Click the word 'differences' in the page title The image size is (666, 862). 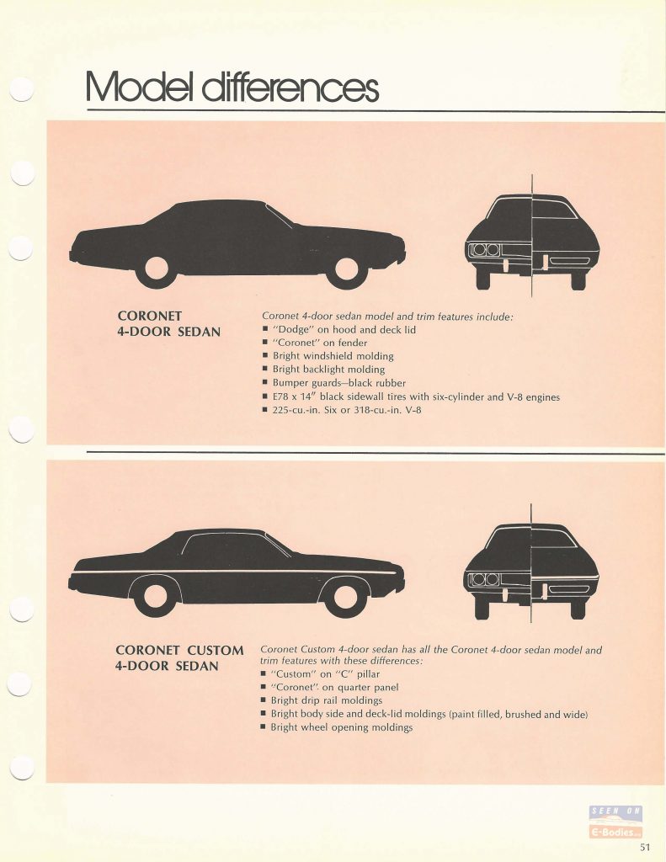(291, 88)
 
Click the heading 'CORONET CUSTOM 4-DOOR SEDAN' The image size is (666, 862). (180, 658)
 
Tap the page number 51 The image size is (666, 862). (645, 847)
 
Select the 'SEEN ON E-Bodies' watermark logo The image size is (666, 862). (615, 822)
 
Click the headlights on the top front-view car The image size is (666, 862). (484, 250)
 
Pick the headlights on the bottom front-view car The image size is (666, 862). (484, 579)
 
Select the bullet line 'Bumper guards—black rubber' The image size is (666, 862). (333, 383)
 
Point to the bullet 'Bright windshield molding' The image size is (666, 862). (328, 356)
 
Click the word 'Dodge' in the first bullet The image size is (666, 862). (293, 329)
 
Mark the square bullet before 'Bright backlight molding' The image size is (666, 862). (265, 370)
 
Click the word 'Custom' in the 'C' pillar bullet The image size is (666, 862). (293, 674)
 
